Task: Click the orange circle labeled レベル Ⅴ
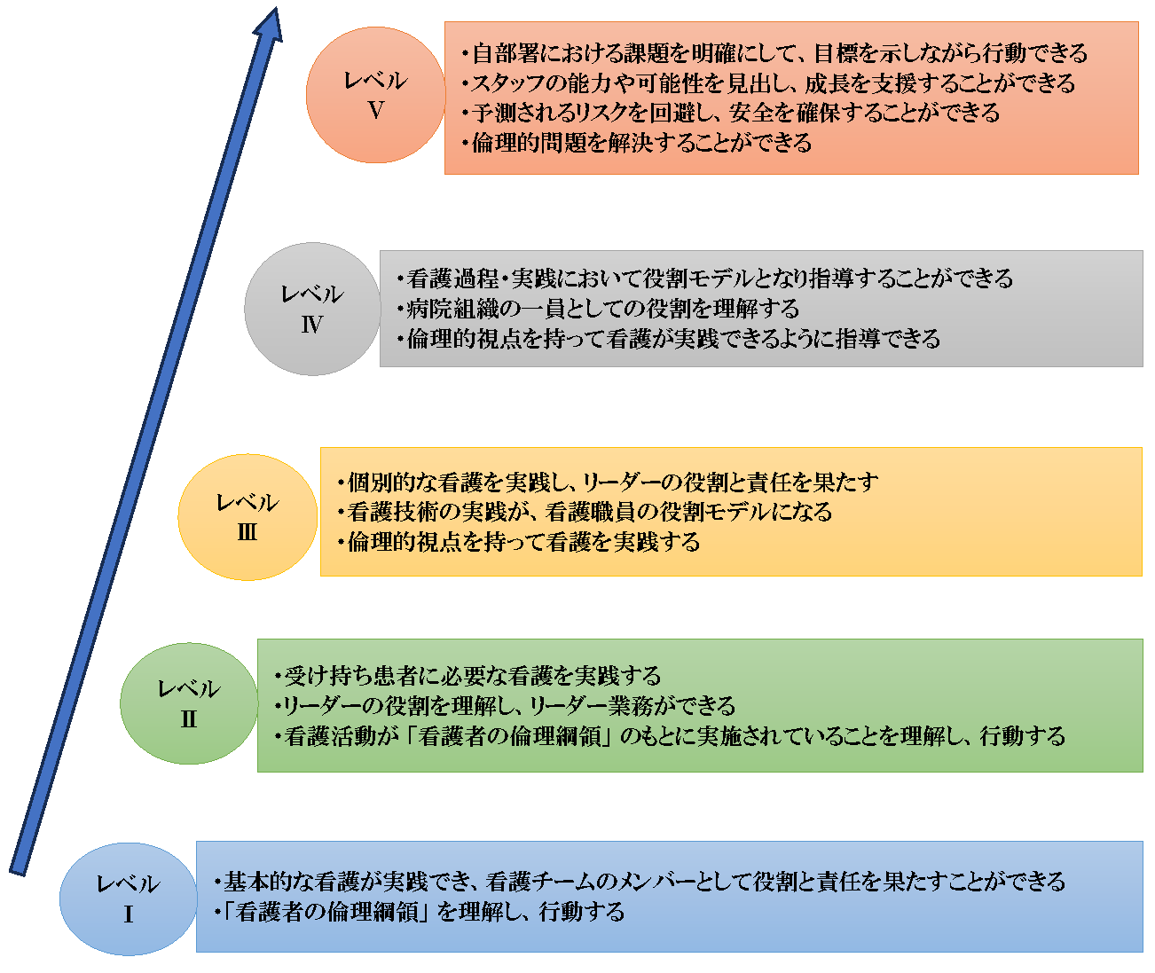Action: [375, 95]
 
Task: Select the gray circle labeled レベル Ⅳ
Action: [312, 309]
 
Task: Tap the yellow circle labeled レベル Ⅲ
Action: [247, 517]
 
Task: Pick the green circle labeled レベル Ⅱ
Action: [189, 703]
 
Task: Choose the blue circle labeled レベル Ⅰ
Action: [129, 898]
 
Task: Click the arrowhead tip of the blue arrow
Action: [275, 8]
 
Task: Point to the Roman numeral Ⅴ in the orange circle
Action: [376, 111]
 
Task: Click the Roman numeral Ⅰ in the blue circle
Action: [129, 914]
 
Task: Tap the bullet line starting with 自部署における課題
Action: [774, 53]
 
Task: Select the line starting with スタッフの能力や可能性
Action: [768, 83]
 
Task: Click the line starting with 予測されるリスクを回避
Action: [731, 113]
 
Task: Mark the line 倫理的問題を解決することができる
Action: [637, 143]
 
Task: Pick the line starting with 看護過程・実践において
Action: [704, 279]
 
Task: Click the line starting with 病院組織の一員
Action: [598, 308]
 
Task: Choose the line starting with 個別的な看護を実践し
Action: [608, 483]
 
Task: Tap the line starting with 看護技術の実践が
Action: [585, 512]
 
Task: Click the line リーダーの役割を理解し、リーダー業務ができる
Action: [505, 705]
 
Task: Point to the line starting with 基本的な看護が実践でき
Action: [640, 881]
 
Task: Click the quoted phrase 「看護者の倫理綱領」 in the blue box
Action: [326, 912]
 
